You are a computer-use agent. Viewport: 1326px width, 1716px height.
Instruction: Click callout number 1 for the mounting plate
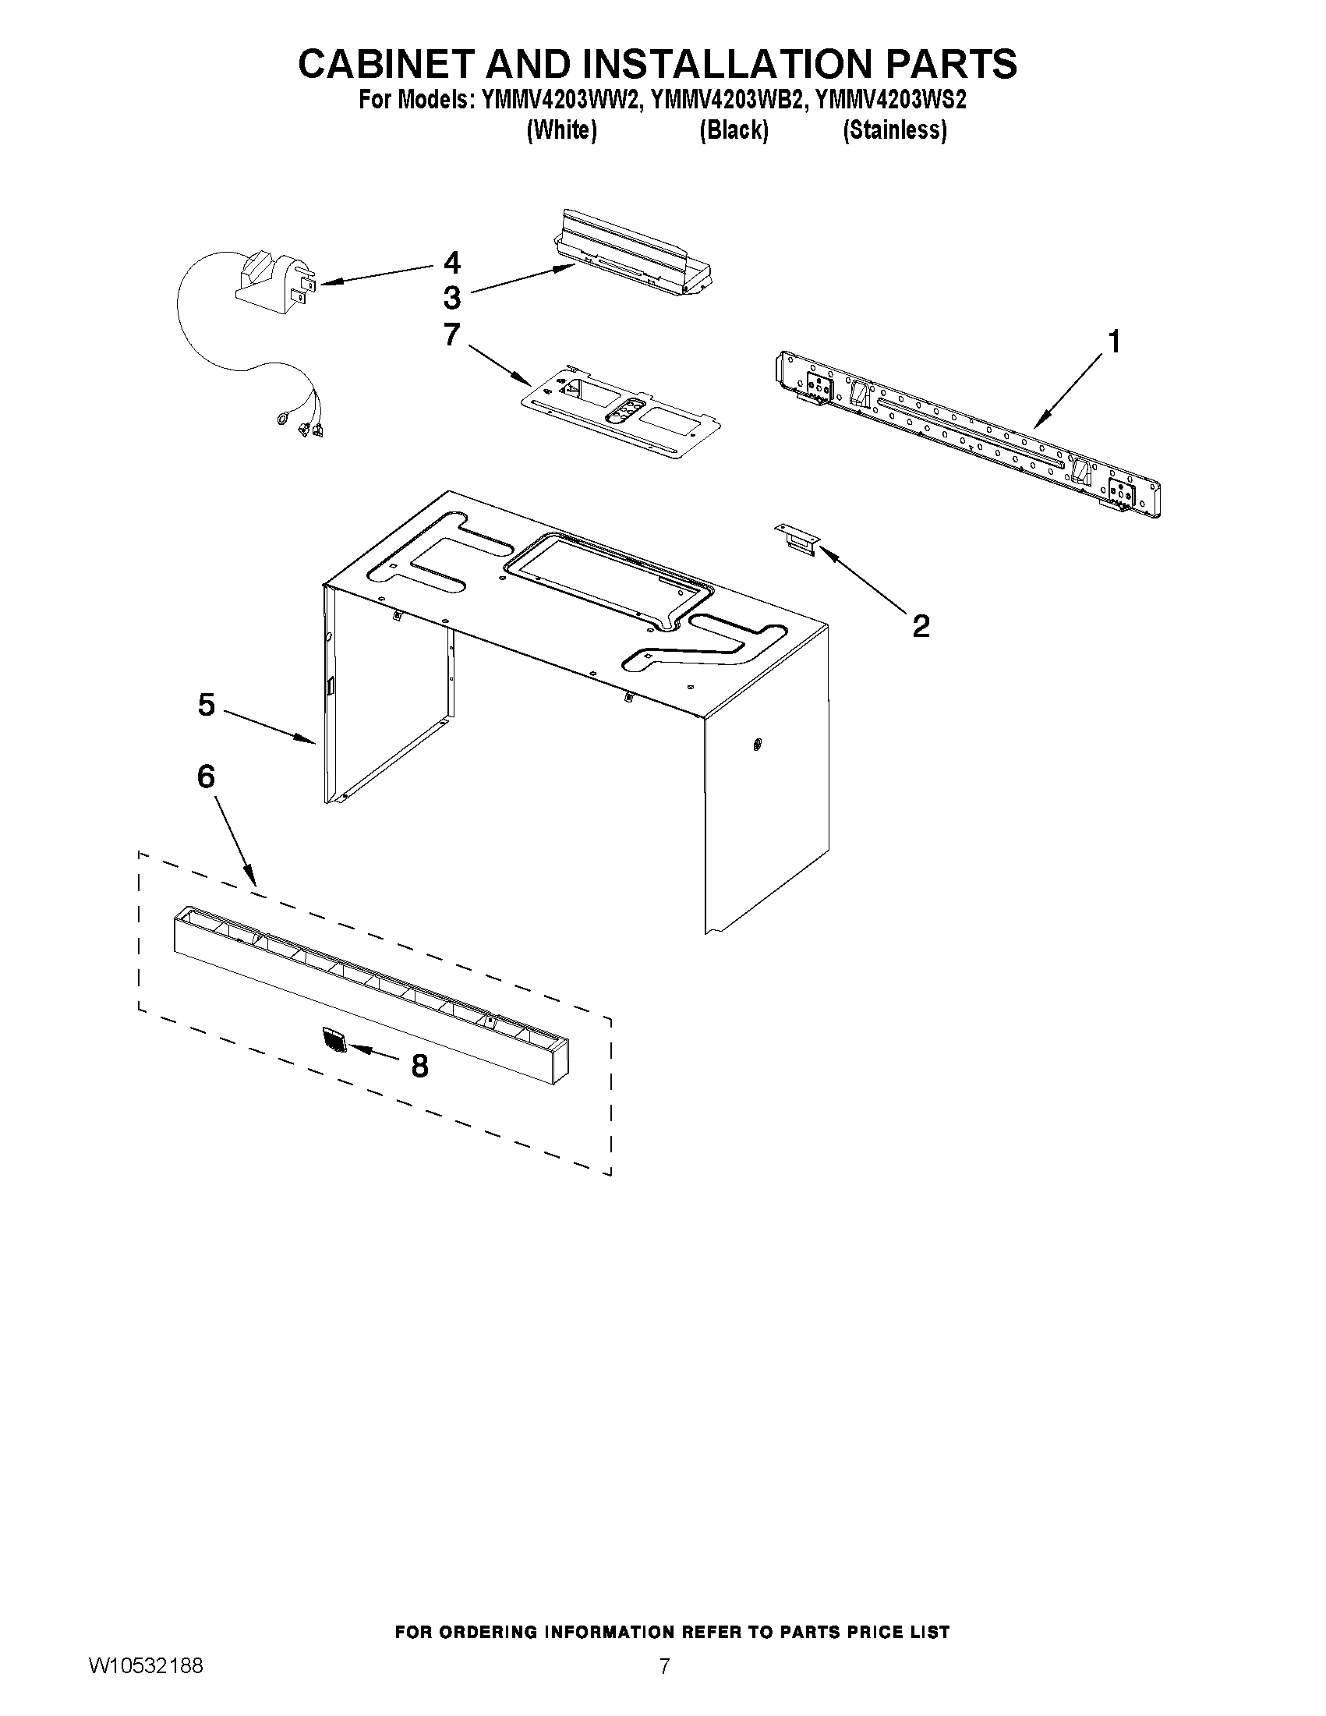1114,342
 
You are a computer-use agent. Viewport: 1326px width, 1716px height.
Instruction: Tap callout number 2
921,626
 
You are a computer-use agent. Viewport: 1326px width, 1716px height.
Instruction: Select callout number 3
451,299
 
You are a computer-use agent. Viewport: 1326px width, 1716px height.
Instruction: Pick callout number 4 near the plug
451,262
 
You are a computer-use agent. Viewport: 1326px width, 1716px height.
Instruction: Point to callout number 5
206,705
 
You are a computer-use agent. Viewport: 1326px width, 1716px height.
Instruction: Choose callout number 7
451,334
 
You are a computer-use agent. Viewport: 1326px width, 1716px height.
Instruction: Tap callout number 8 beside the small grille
420,1066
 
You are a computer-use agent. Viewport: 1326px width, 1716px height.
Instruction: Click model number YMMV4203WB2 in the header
723,101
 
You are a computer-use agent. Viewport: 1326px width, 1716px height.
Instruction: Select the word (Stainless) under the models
894,130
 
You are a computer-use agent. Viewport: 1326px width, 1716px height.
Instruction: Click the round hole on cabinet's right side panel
756,742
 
